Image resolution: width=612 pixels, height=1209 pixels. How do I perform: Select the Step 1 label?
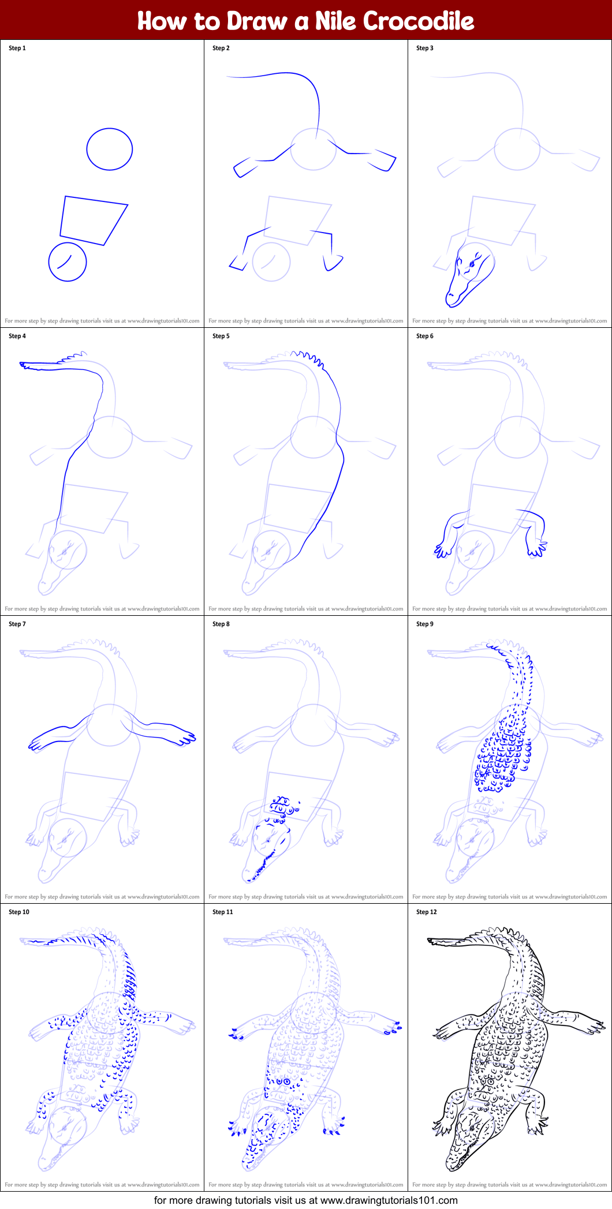17,48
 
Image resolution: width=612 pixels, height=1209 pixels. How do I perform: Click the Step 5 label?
221,336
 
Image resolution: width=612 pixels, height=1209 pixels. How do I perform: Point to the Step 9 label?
425,624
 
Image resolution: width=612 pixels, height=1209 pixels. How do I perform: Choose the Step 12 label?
427,912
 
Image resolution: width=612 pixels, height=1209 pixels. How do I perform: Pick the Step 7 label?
17,624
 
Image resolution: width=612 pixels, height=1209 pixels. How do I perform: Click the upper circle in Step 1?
110,129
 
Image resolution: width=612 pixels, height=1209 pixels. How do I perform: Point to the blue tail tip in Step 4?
21,364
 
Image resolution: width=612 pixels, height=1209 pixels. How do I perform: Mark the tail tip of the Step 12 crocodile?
429,940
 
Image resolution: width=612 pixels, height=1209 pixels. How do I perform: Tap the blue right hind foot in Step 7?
186,737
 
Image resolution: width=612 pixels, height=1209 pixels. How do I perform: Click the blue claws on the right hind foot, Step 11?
393,1028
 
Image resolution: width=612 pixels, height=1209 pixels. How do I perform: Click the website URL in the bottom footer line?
389,1200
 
